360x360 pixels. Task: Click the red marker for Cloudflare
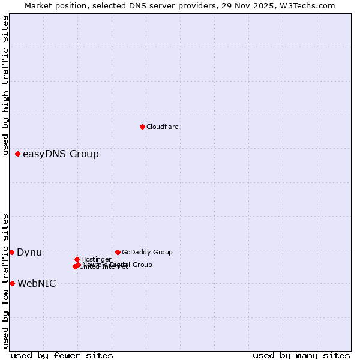coord(142,127)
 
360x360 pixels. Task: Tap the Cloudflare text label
coord(162,127)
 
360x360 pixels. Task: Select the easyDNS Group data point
coord(17,154)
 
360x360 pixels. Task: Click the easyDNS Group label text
coord(61,154)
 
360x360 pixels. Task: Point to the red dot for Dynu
coord(11,252)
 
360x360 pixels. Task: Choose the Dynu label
coord(29,253)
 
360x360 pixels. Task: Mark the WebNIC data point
coord(12,283)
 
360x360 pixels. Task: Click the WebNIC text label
coord(37,284)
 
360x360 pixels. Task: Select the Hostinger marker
coord(77,259)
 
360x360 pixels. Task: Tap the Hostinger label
coord(96,260)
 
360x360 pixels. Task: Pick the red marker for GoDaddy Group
coord(118,252)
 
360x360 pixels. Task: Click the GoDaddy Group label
coord(147,253)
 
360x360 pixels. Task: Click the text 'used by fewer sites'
coord(62,355)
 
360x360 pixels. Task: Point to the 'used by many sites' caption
coord(301,355)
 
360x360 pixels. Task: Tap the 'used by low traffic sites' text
coord(6,281)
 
